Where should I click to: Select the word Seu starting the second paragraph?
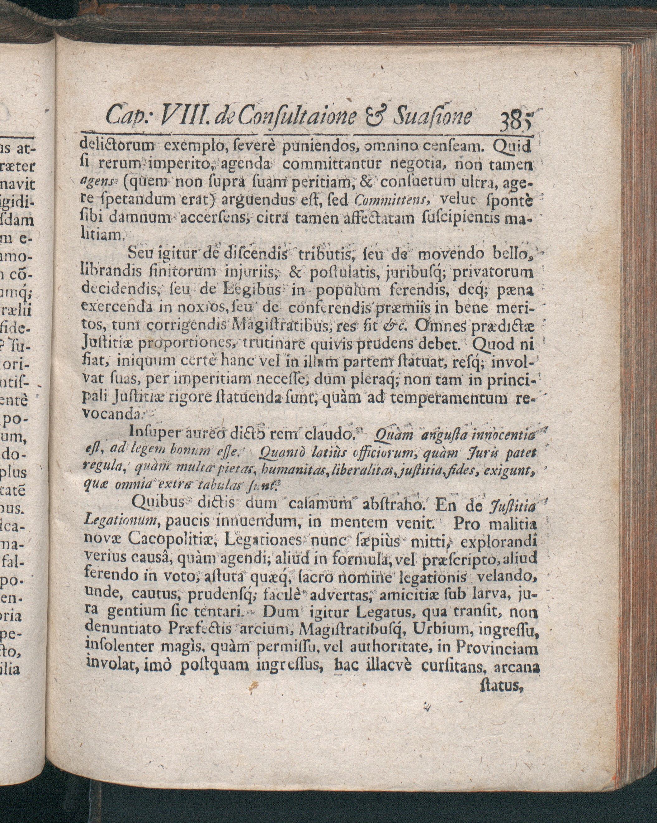coord(139,252)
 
